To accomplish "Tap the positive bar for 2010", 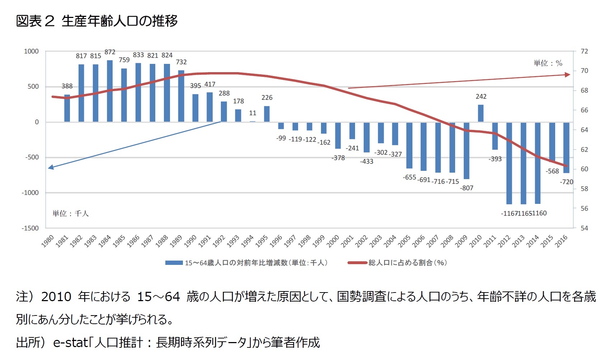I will [481, 113].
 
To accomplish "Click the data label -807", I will [467, 188].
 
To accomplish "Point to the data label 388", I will [67, 86].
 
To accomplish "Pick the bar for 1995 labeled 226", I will [266, 114].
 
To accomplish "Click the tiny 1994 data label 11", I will [252, 113].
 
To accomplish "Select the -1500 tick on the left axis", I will [30, 228].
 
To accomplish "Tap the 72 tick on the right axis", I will [584, 51].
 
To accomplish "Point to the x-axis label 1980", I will [48, 240].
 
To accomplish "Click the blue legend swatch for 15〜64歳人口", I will [174, 263].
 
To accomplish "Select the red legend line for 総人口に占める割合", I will [357, 263].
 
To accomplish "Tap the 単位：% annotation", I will [548, 64].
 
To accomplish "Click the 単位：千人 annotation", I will [71, 214].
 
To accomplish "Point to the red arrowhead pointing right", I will [567, 75].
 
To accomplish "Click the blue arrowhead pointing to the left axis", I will [51, 167].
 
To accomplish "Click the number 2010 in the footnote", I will [56, 297].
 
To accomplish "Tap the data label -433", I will [367, 162].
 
